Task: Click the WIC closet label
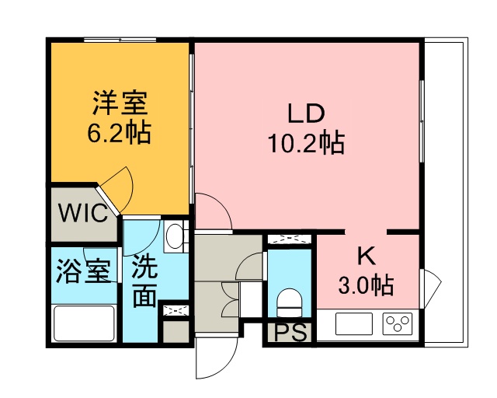click(84, 213)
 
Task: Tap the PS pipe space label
click(290, 332)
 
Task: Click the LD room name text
click(306, 113)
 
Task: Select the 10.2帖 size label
click(306, 143)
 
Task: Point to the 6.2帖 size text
click(119, 133)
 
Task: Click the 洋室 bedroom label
click(120, 103)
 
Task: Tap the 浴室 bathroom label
click(83, 271)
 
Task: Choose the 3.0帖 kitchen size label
click(366, 285)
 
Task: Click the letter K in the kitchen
click(367, 257)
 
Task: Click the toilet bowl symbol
click(290, 302)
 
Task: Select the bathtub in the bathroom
click(84, 323)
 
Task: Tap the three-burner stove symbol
click(398, 323)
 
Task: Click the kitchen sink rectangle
click(354, 323)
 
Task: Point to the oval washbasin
click(173, 236)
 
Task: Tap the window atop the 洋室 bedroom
click(120, 40)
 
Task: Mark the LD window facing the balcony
click(422, 121)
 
